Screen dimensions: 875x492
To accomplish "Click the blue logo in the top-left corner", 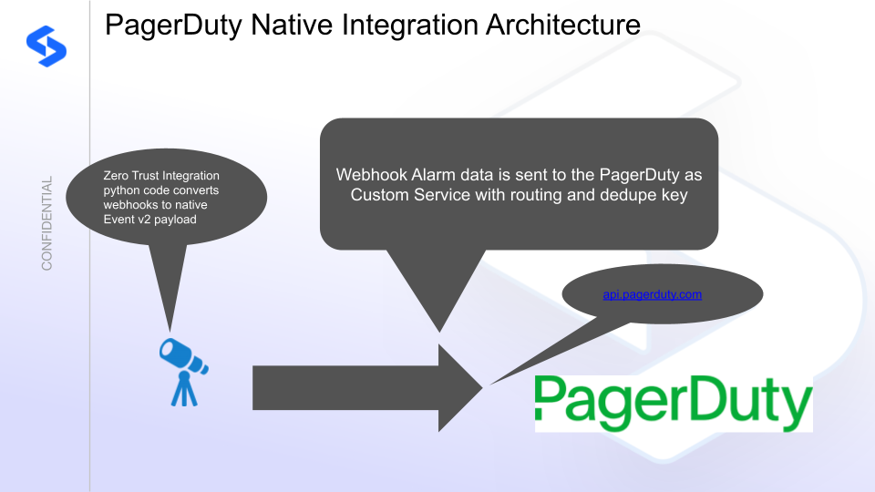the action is coord(46,46).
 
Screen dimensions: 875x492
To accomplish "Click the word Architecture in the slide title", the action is coord(562,26).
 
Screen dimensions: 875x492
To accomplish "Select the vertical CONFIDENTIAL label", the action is coord(46,223).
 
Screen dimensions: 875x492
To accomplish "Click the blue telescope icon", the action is coord(183,372).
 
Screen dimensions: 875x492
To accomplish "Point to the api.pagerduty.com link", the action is coord(653,294).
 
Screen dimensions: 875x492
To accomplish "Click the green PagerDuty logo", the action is coord(674,403).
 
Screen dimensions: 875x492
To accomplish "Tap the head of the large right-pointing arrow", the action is coord(460,388).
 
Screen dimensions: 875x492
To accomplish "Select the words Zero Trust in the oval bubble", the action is coord(130,176).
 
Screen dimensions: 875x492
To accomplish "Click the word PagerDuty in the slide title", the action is coord(173,26).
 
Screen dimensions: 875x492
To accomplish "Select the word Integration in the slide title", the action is coord(410,26).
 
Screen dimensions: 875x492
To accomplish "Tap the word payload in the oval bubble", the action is coord(175,220).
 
